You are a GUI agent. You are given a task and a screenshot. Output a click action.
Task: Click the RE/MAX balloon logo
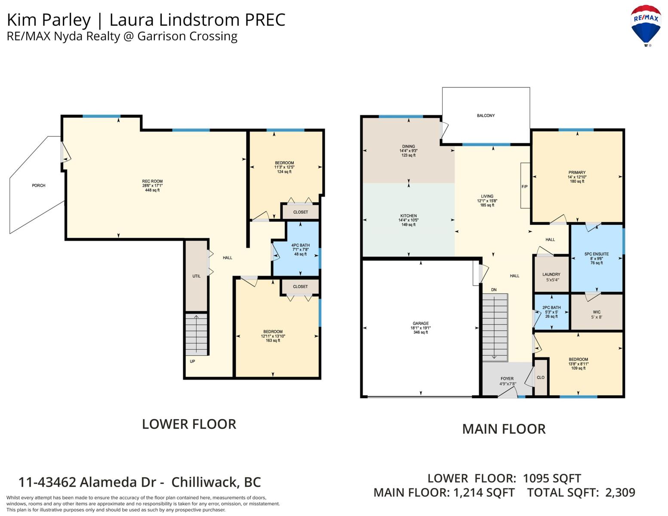click(x=646, y=25)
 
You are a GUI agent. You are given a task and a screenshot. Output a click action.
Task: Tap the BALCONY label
click(x=486, y=116)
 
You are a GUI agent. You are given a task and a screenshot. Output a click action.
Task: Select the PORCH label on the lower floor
click(x=38, y=186)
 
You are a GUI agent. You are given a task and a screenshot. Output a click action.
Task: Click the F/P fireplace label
click(x=524, y=187)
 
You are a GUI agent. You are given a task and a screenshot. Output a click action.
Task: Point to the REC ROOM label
click(x=152, y=181)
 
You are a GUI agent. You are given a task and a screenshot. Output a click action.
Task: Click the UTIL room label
click(x=197, y=276)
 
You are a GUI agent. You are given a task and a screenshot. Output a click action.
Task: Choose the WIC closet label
click(x=596, y=312)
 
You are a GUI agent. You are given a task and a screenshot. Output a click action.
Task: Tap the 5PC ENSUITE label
click(x=596, y=254)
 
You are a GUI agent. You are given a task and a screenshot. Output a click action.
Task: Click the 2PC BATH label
click(x=551, y=307)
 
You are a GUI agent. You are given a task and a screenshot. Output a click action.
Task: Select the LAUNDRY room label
click(x=551, y=274)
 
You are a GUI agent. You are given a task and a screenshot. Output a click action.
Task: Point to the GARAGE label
click(x=421, y=323)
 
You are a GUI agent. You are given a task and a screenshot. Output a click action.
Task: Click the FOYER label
click(x=507, y=379)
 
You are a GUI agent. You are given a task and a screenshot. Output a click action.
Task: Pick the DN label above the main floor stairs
click(x=494, y=290)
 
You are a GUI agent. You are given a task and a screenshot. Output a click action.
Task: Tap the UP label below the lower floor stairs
click(x=192, y=362)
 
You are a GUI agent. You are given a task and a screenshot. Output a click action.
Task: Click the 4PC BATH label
click(x=300, y=245)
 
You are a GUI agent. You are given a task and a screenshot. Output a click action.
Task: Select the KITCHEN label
click(x=409, y=216)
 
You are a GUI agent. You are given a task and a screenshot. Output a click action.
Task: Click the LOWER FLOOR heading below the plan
click(x=189, y=424)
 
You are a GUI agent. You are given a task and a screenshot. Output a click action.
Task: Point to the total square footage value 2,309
click(x=620, y=493)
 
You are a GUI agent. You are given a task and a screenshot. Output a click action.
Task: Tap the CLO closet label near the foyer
click(x=540, y=378)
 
